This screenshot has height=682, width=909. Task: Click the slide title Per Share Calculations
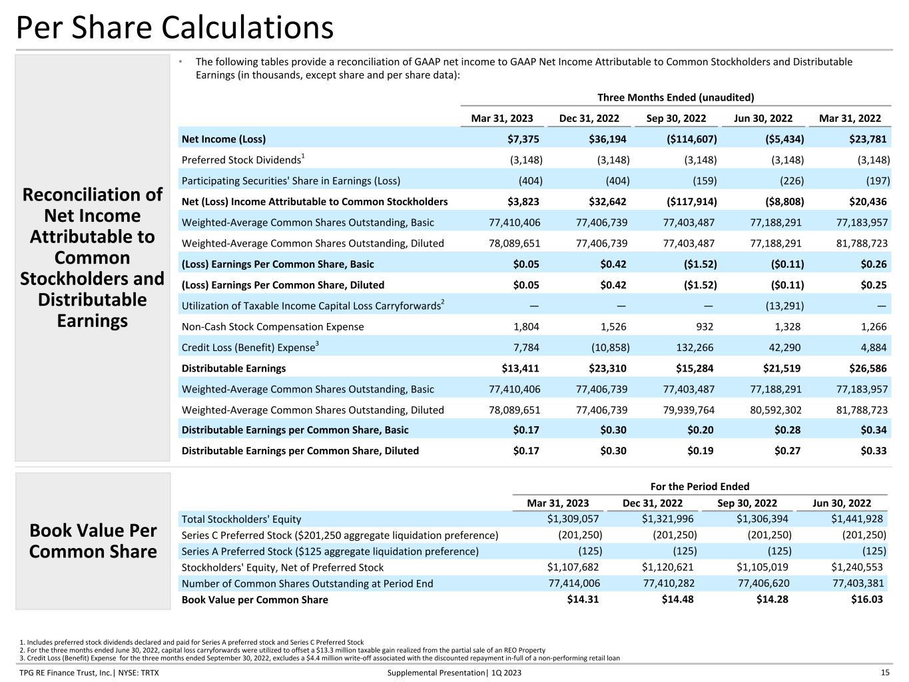click(x=174, y=28)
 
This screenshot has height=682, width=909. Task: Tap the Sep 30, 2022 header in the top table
click(x=676, y=119)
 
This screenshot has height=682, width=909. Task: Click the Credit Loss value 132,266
click(x=694, y=348)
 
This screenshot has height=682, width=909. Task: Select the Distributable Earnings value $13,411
click(x=520, y=368)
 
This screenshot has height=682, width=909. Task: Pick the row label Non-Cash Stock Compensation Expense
click(x=273, y=327)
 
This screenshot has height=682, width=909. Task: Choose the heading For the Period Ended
click(x=699, y=487)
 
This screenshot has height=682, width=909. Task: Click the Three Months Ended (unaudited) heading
click(x=675, y=98)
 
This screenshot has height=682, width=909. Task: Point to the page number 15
click(x=885, y=673)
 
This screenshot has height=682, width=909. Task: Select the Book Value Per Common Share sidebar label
click(x=93, y=541)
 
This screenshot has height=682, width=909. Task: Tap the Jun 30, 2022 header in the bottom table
click(x=842, y=504)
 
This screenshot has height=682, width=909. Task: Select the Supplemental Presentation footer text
click(x=454, y=673)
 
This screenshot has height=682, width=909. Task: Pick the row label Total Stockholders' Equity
click(x=241, y=519)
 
